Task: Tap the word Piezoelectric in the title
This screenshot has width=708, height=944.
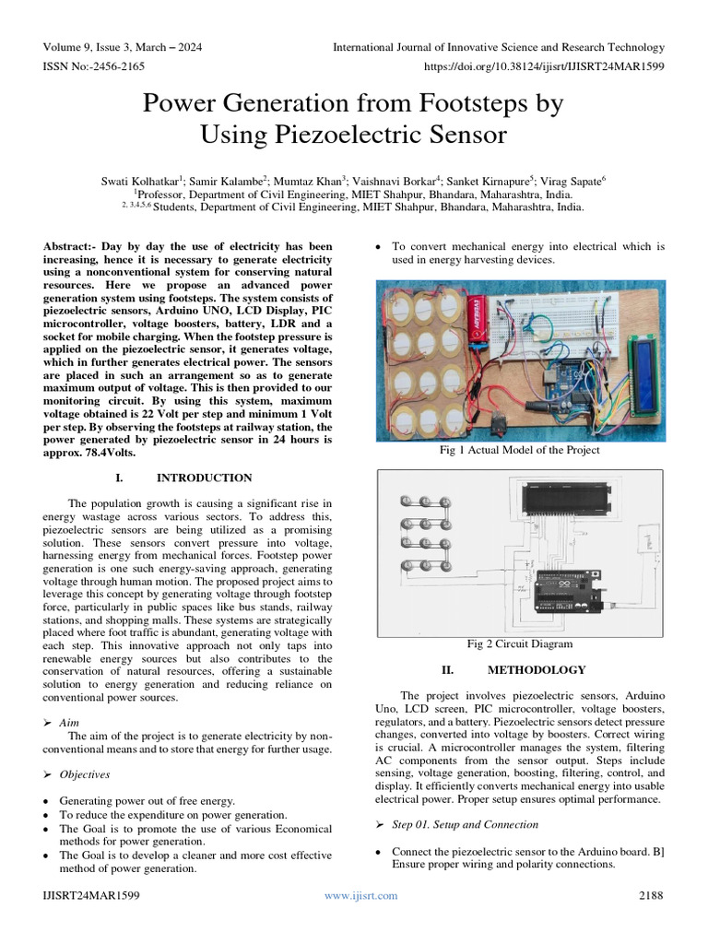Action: coord(354,135)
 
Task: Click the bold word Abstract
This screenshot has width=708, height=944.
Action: coord(69,247)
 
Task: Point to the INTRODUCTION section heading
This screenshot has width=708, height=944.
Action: coord(204,478)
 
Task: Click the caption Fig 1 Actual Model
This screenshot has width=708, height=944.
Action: coord(521,450)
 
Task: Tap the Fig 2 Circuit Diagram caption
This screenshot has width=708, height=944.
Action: coord(520,643)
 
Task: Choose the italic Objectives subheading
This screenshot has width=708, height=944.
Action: coord(84,774)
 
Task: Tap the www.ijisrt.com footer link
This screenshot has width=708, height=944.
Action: coord(360,895)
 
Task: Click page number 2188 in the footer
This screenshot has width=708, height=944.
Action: coord(651,895)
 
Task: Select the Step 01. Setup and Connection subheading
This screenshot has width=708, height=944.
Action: coord(465,824)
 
